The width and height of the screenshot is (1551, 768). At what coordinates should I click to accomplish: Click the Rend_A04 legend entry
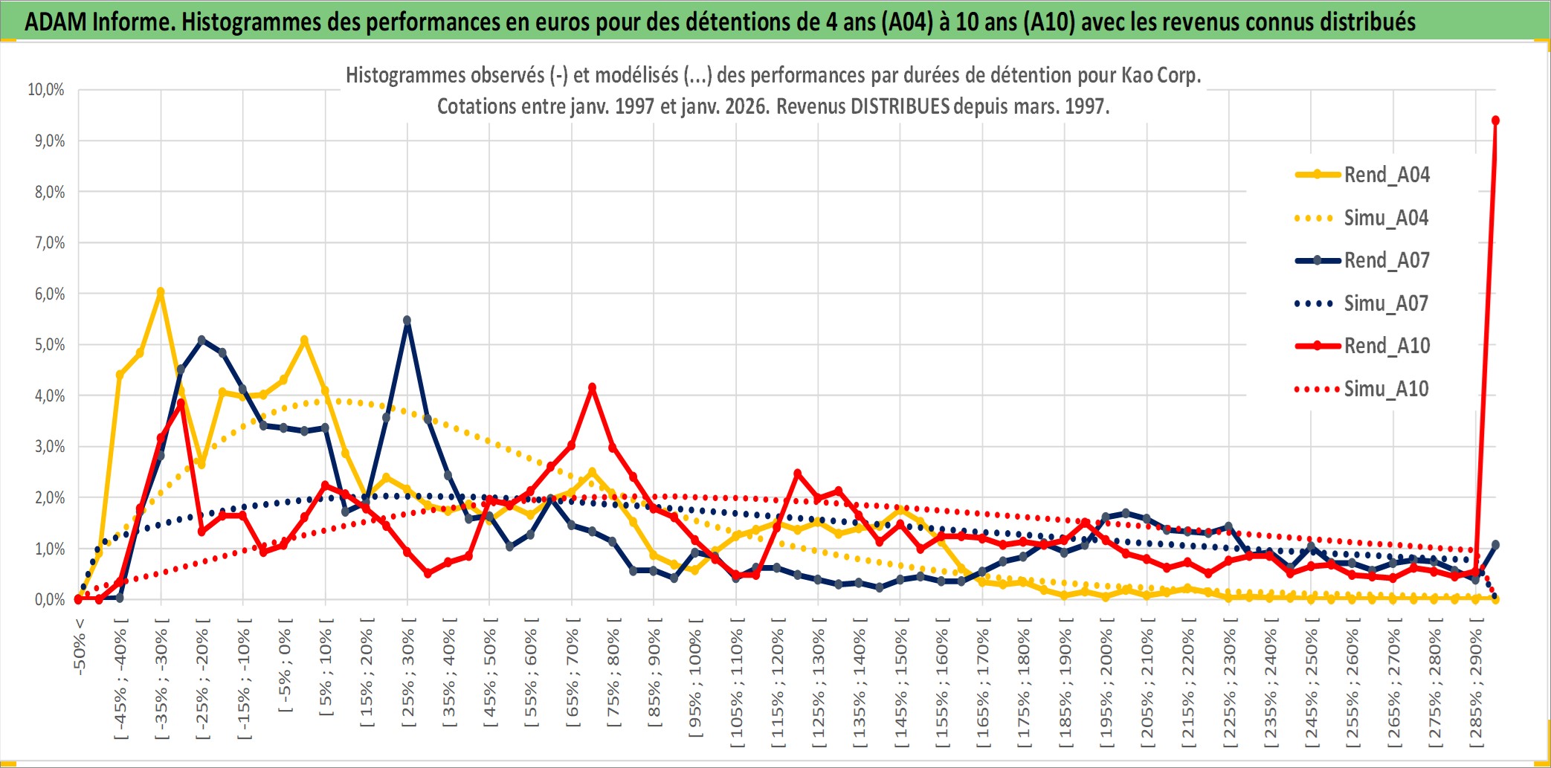(1386, 175)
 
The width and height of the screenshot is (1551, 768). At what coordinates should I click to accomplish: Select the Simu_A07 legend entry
(1386, 303)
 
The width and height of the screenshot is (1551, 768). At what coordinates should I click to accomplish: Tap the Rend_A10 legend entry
(1386, 346)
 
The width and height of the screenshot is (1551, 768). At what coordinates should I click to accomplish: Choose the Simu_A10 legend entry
(1386, 389)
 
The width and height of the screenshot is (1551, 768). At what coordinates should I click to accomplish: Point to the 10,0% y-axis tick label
(46, 90)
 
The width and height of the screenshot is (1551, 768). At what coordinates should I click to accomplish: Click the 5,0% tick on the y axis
(49, 345)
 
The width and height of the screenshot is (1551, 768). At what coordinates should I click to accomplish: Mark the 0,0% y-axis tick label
(49, 599)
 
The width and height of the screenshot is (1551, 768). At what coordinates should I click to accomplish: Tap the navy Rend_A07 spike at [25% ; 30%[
(407, 320)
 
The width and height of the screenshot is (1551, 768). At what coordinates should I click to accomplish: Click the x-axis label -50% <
(80, 647)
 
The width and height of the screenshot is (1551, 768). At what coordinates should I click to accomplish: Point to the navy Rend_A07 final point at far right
(1495, 545)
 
